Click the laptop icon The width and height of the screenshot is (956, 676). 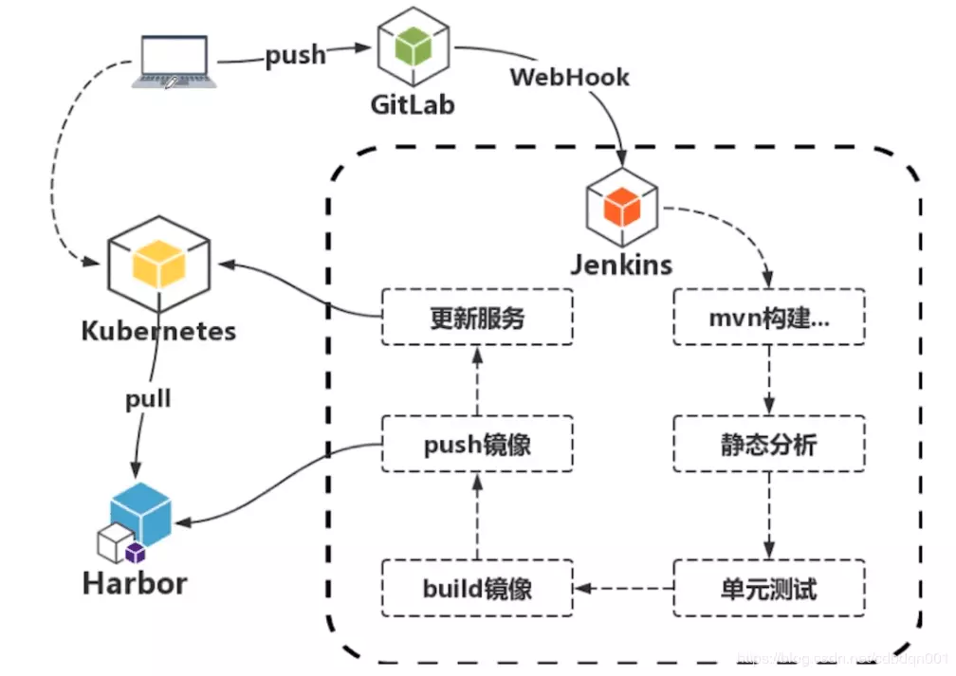tap(175, 62)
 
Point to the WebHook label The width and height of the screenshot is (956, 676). tap(569, 76)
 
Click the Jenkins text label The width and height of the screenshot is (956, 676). tap(621, 263)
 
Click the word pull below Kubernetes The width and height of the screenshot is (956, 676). tap(149, 398)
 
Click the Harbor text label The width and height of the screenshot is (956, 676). tap(135, 582)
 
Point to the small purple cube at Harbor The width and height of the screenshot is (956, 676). tap(136, 553)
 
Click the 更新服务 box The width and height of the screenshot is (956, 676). tap(477, 318)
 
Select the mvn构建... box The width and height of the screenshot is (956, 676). tap(769, 318)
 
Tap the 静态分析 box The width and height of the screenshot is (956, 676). tap(769, 444)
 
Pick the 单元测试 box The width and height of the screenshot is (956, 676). tap(769, 588)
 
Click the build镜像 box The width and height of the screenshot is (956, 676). tap(477, 588)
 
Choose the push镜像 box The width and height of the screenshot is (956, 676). tap(477, 444)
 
